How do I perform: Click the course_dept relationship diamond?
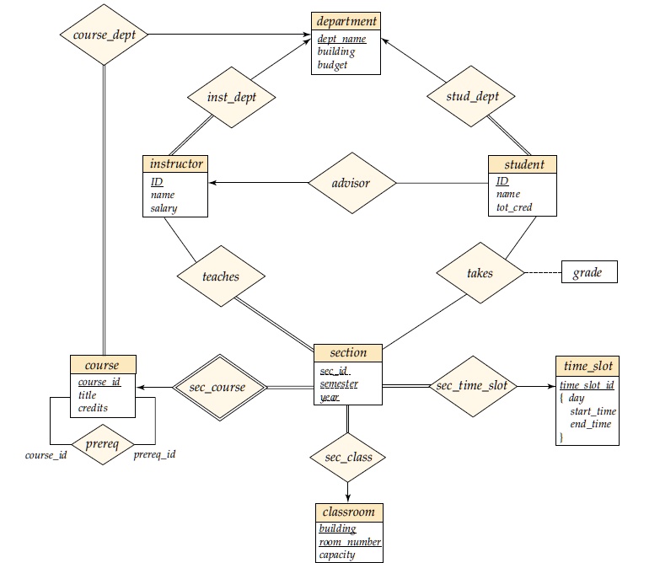(104, 35)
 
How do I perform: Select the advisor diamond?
(351, 183)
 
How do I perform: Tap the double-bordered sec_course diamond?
(220, 387)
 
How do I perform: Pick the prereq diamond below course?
(103, 444)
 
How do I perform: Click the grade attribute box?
(589, 272)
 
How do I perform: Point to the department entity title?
(346, 21)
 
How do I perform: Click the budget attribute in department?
(332, 65)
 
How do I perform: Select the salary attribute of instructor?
(164, 208)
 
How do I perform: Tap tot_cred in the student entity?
(514, 207)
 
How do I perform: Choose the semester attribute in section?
(339, 383)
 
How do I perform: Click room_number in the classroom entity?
(350, 542)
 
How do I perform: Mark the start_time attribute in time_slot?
(593, 411)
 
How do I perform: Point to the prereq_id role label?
(154, 454)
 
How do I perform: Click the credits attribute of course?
(93, 408)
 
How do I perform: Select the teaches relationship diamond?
(221, 276)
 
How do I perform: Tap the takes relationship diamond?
(480, 273)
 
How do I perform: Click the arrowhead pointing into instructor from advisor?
(212, 183)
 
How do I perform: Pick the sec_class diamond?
(347, 458)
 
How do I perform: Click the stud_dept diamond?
(471, 96)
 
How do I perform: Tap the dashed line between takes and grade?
(543, 273)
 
